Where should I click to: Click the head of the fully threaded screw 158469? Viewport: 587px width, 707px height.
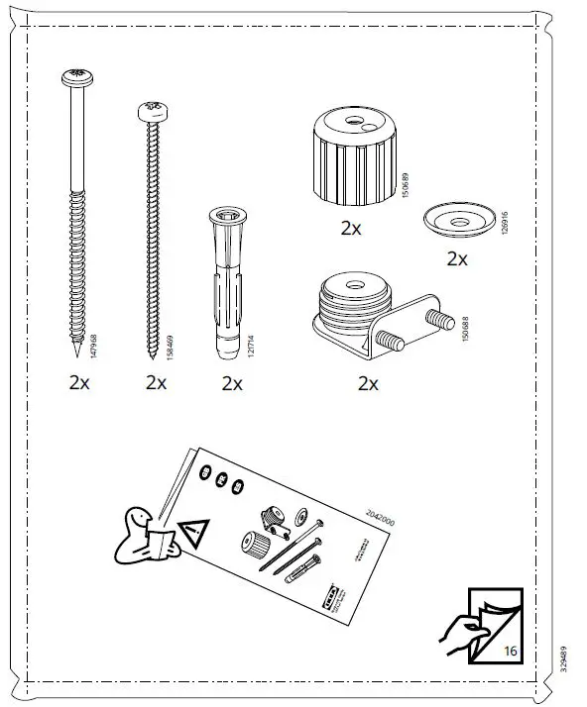153,111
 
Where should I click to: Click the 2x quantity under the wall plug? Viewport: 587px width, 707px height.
232,384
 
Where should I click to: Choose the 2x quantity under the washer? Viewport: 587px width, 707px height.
456,259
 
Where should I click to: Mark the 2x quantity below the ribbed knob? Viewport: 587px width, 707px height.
351,228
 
